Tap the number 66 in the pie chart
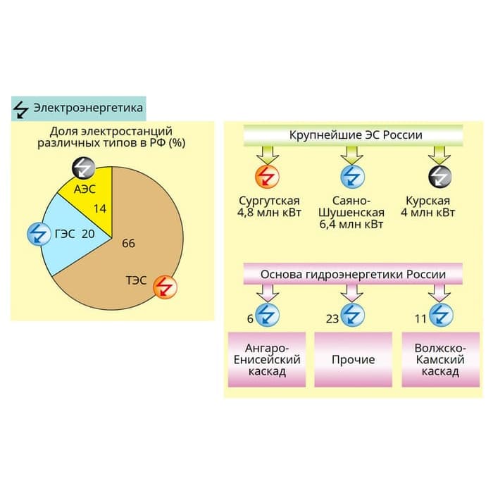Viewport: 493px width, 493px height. click(x=128, y=244)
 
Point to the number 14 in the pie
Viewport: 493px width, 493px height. click(x=100, y=208)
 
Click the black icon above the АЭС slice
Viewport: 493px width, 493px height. click(x=83, y=168)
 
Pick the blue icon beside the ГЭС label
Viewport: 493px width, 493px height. click(x=39, y=234)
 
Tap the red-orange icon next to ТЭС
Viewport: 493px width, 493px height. click(x=165, y=287)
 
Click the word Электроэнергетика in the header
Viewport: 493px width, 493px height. click(x=88, y=108)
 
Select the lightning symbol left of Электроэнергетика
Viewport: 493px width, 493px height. click(x=21, y=109)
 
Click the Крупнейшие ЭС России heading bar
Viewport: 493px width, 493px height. click(x=353, y=135)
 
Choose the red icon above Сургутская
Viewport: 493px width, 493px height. click(x=267, y=176)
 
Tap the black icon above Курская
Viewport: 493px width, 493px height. click(x=440, y=176)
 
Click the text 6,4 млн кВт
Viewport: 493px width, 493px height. click(x=351, y=225)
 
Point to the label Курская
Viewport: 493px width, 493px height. click(x=428, y=201)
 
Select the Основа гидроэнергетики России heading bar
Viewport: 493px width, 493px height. click(x=353, y=274)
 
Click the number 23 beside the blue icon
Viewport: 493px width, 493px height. click(x=332, y=319)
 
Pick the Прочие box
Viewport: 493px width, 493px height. click(x=353, y=359)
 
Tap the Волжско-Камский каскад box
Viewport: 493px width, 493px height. click(x=440, y=359)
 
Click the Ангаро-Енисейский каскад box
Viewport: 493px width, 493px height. click(x=267, y=359)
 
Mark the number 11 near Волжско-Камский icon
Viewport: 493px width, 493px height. click(x=420, y=319)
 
